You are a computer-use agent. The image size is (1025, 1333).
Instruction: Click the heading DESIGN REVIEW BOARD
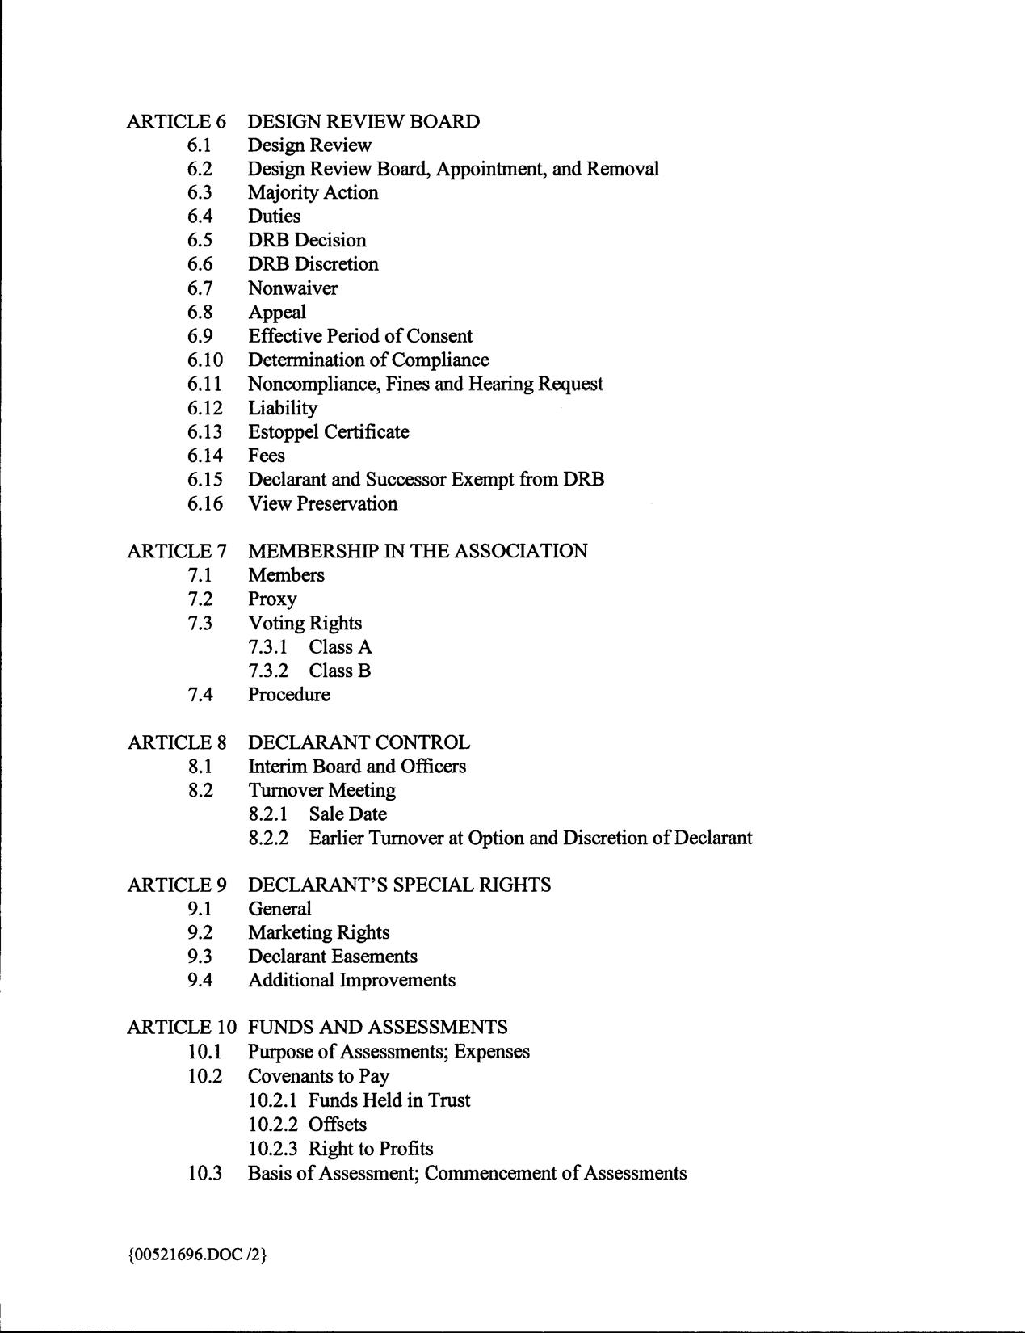coord(363,122)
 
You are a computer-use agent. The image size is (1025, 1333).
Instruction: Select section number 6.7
coord(200,288)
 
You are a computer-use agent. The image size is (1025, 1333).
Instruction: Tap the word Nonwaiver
coord(292,288)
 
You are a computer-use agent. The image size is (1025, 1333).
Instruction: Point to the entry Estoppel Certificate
coord(328,432)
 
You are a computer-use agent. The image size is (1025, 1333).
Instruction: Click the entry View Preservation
coord(322,504)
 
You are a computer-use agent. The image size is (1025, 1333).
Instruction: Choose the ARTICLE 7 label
coord(176,552)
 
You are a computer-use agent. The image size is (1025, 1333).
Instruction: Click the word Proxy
coord(272,599)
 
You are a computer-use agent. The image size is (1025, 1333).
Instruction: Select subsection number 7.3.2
coord(268,671)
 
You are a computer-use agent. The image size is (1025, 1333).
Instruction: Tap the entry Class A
coord(340,647)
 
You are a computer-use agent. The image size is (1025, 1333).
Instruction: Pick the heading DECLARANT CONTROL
coord(359,742)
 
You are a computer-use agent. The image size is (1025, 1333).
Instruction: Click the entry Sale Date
coord(347,814)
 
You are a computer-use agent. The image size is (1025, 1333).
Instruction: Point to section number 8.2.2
coord(268,839)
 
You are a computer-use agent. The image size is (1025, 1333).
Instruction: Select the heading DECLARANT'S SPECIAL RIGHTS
coord(399,885)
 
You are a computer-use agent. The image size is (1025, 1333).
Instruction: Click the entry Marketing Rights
coord(318,933)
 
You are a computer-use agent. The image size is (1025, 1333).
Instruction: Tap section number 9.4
coord(200,981)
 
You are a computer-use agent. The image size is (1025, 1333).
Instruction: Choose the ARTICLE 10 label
coord(182,1028)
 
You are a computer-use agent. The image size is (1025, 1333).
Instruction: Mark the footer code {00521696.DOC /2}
coord(196,1255)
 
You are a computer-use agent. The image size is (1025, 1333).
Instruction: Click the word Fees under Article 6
coord(266,456)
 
